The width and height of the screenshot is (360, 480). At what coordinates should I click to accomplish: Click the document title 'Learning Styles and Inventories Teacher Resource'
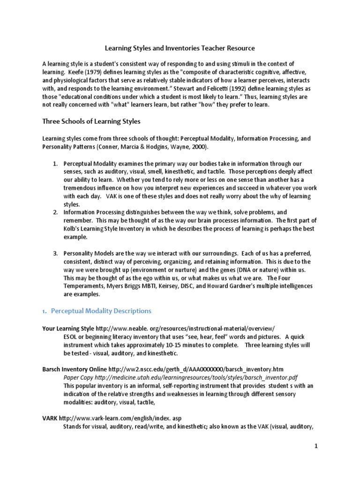[x=179, y=48]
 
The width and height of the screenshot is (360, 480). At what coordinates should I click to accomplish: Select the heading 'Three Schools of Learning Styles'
[x=91, y=121]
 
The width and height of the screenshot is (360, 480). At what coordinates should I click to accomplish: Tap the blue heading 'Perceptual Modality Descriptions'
[x=101, y=311]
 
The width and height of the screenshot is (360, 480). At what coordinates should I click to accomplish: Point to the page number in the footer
[x=316, y=447]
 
